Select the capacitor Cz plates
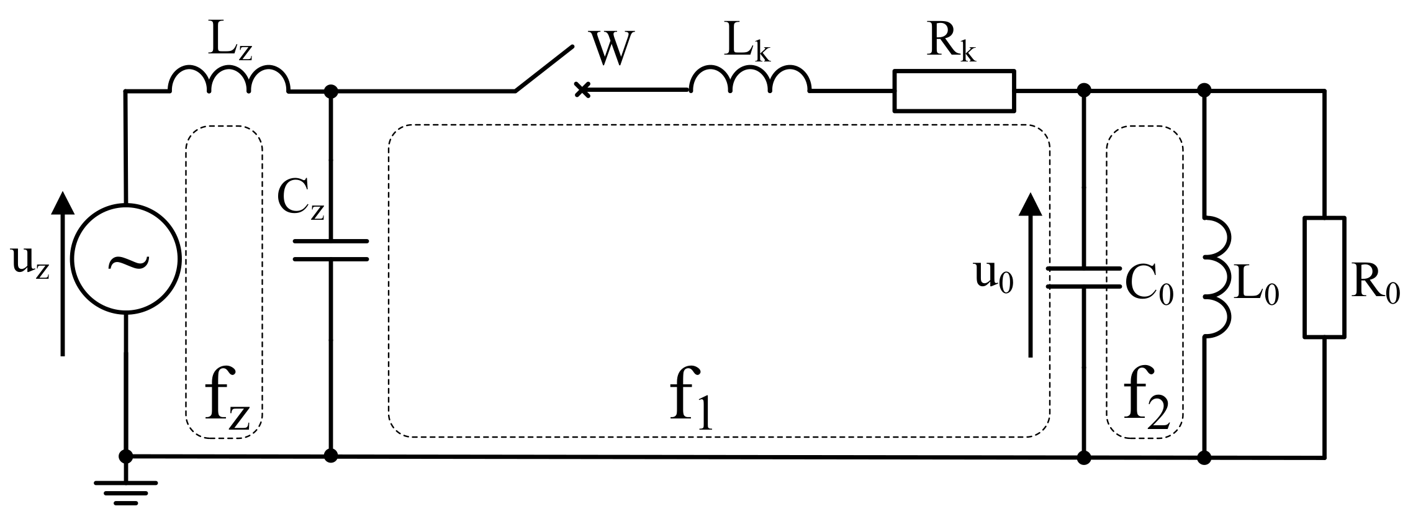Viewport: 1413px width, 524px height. point(331,250)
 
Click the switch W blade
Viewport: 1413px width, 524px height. point(544,68)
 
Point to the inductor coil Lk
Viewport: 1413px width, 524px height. point(749,79)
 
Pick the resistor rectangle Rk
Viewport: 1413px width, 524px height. point(954,91)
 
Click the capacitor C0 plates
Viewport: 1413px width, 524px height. point(1084,278)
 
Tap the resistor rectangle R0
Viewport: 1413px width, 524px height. point(1324,277)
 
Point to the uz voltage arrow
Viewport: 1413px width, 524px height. point(61,273)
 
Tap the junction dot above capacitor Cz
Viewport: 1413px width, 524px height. point(331,91)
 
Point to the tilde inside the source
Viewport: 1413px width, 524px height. point(129,262)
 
